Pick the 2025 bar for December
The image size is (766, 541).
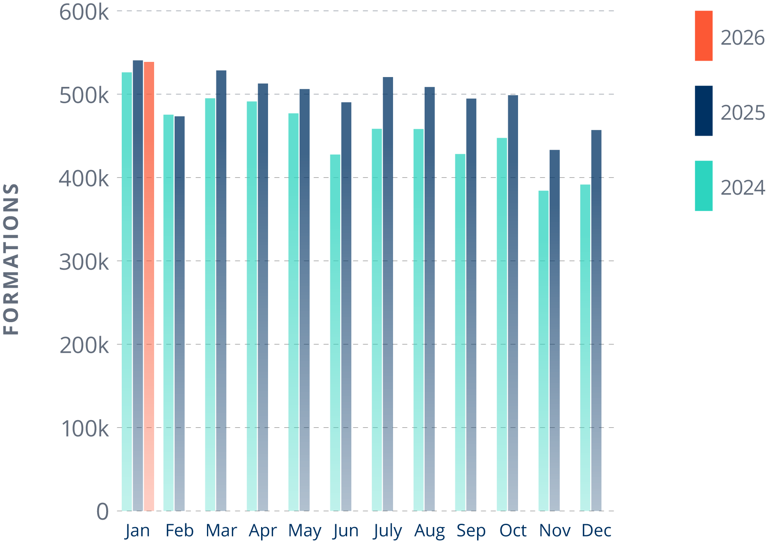click(596, 320)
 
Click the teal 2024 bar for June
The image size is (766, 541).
click(335, 332)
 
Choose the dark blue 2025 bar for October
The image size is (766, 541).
click(513, 303)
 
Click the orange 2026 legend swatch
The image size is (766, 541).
click(703, 36)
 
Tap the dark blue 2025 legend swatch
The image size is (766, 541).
click(703, 111)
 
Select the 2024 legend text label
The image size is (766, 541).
click(742, 188)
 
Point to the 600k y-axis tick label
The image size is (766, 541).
click(84, 12)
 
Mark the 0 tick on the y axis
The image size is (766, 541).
click(102, 511)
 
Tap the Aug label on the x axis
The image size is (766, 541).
click(429, 531)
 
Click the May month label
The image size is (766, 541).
click(305, 531)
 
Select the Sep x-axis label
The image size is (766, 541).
click(471, 531)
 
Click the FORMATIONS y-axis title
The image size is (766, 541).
click(11, 259)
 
